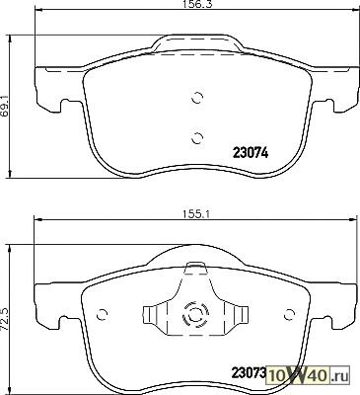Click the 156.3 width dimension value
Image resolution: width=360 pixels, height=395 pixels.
[x=195, y=4]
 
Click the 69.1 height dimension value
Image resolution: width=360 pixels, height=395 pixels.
[x=5, y=106]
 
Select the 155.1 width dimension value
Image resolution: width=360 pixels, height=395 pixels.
[x=195, y=214]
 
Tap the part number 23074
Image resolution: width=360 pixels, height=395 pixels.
[x=251, y=153]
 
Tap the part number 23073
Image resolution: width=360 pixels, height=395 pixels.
[x=249, y=373]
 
